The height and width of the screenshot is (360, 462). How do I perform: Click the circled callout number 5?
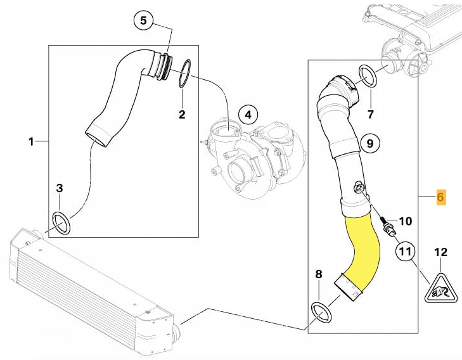pos(143,21)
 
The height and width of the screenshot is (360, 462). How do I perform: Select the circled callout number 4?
pos(248,115)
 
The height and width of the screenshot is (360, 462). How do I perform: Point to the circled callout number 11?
pos(406,252)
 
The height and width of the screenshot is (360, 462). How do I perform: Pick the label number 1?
pos(31,142)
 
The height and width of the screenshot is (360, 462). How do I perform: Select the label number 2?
pos(182,115)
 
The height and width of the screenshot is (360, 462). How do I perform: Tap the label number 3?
pos(60,188)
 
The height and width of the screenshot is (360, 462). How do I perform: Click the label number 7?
pos(371,115)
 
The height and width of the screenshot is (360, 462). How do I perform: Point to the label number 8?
pos(319,274)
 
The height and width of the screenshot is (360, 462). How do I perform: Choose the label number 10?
pos(405,221)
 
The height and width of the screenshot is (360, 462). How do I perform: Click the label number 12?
pos(440,252)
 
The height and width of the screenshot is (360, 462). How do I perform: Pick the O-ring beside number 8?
pos(321,311)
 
